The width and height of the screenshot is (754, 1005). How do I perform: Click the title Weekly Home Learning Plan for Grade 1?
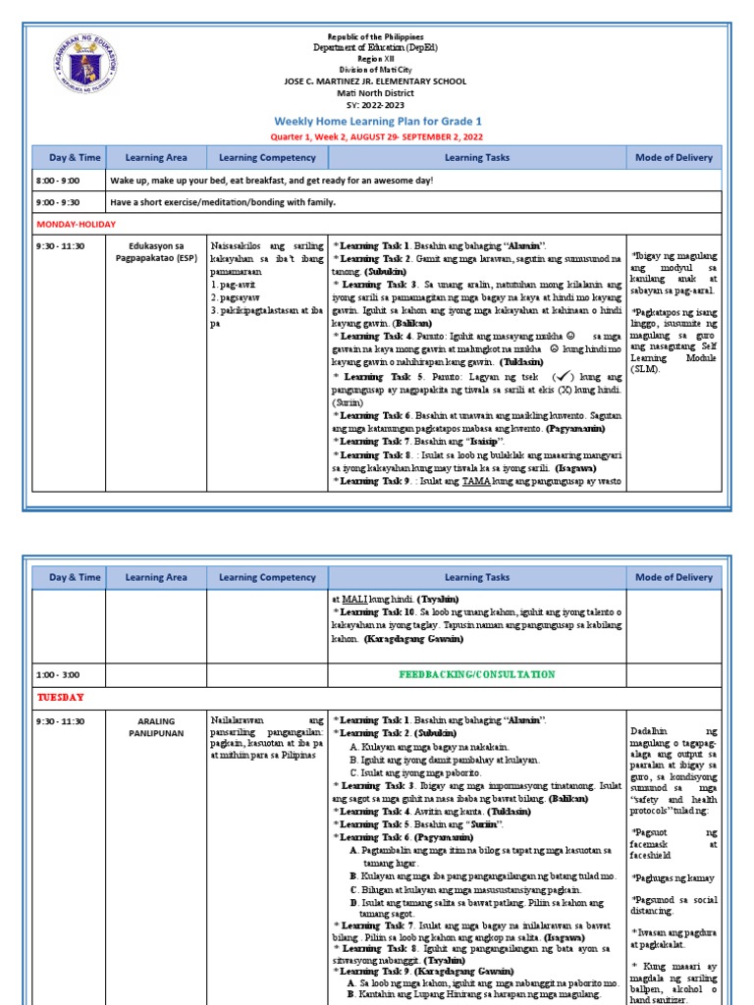pos(377,121)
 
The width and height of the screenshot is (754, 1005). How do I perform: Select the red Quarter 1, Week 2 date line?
pos(377,137)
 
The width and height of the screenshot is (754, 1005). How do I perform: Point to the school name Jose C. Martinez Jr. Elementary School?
pos(377,81)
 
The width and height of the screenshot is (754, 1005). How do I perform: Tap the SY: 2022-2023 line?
pos(377,105)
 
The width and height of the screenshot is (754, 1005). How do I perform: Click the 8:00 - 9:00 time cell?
pos(58,182)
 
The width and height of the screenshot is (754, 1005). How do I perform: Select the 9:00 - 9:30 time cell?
pos(58,203)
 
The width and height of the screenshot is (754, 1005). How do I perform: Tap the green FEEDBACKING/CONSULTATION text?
pos(476,675)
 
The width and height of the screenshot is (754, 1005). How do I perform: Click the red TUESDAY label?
pos(61,698)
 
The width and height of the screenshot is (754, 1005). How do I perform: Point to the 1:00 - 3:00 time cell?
pos(58,675)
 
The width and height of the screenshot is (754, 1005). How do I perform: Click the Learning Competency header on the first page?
pos(267,157)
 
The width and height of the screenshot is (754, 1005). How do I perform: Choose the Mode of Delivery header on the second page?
pos(673,578)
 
